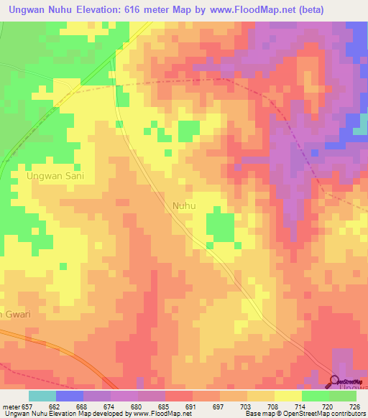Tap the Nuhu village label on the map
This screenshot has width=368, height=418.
point(184,205)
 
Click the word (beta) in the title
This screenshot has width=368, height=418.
point(308,10)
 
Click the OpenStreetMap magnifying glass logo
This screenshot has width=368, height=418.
point(335,382)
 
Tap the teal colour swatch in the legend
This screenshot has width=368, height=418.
point(42,396)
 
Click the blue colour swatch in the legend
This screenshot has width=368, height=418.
point(70,396)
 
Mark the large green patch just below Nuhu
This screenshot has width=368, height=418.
point(220,228)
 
